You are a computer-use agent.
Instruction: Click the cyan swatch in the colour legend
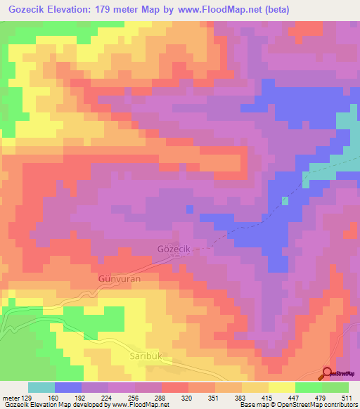[41, 387]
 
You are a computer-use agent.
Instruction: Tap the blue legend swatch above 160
[68, 387]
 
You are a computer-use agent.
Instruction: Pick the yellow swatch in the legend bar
[281, 387]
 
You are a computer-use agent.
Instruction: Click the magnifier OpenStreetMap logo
[327, 375]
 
